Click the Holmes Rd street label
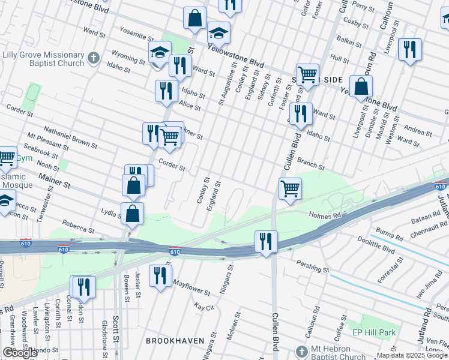coord(324,214)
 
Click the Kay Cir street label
coord(204,307)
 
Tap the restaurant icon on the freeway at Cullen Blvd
coord(266,242)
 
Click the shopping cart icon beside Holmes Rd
coord(291,188)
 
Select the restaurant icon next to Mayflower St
coord(160,276)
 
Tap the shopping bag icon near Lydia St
coord(132,213)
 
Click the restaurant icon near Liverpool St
coord(409,50)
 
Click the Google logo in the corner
coord(20,353)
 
